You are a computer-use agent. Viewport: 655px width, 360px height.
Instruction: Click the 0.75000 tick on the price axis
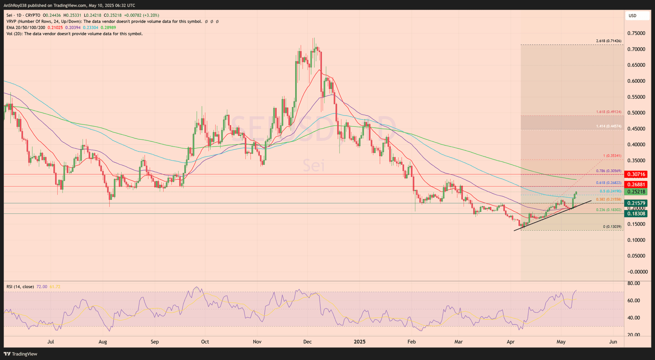coord(636,33)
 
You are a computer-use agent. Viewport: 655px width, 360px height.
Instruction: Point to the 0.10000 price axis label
coord(636,240)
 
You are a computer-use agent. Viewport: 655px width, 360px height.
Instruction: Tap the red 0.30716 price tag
coord(636,174)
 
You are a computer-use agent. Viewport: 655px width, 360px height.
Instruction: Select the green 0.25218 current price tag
coord(636,192)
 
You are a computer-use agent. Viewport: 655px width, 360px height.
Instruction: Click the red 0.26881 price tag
coord(636,185)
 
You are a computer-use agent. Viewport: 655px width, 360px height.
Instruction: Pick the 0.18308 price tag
coord(636,214)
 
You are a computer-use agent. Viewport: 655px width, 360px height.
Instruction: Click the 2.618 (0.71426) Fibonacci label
coord(608,41)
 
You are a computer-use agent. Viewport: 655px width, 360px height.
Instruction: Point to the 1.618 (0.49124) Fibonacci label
coord(608,112)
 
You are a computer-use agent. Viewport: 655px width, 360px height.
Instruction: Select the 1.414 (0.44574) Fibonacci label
coord(608,126)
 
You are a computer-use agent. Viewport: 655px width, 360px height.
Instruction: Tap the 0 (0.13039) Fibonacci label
coord(612,226)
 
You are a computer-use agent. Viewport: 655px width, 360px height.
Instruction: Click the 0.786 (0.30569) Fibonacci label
coord(608,171)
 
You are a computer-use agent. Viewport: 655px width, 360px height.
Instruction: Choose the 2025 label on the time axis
coord(359,342)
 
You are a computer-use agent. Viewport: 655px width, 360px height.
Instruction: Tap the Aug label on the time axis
coord(103,342)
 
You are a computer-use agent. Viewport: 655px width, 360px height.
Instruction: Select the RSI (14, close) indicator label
coord(20,287)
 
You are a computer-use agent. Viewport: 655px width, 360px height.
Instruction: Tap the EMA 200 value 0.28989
coord(108,27)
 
